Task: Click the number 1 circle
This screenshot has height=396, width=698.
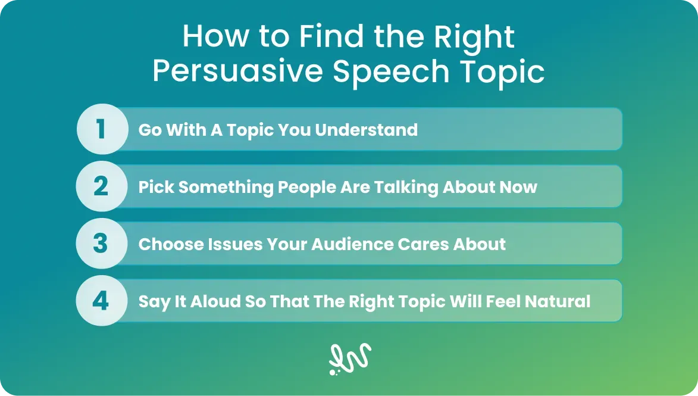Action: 102,129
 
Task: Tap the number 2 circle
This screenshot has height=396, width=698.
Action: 102,186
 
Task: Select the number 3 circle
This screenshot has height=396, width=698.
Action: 102,243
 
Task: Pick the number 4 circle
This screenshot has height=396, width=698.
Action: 102,300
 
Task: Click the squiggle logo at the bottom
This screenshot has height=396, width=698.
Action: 350,358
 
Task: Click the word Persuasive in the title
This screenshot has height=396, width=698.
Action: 237,71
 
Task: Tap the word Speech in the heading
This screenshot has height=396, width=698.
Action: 391,72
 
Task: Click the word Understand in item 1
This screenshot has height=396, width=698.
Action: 367,130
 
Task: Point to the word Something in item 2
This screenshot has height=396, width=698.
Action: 226,188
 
